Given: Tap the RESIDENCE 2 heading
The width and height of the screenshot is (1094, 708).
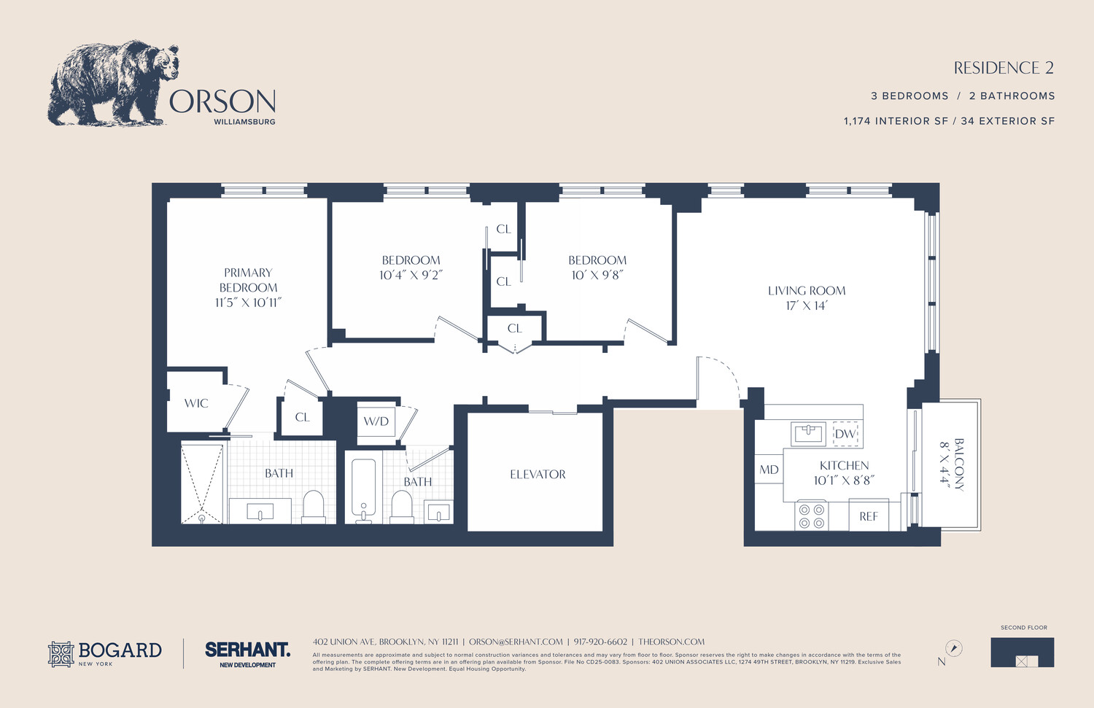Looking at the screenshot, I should click(1004, 68).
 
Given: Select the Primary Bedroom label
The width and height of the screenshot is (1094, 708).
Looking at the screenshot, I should click(248, 280).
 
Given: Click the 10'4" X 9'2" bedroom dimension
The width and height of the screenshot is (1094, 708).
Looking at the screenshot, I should click(411, 275).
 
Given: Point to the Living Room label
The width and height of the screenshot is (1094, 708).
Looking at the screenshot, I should click(807, 290).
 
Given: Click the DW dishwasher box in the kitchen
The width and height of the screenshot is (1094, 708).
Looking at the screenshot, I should click(845, 434).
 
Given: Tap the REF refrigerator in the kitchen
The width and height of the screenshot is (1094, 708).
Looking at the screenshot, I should click(869, 516).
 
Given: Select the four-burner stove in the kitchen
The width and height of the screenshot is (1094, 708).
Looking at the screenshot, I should click(811, 516).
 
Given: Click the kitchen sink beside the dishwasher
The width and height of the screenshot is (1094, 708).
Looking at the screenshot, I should click(809, 433).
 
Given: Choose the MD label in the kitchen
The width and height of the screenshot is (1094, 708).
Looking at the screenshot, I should click(769, 470).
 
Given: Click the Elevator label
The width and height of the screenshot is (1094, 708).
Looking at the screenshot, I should click(538, 475).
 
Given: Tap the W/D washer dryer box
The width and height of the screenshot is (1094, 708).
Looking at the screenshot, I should click(376, 421).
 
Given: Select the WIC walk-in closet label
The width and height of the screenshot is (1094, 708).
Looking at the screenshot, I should click(196, 403).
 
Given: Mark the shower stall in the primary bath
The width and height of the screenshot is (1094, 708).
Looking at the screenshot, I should click(202, 483).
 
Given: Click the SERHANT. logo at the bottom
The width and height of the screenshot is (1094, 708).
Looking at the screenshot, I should click(247, 649).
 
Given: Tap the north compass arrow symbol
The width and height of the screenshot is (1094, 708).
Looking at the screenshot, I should click(953, 648).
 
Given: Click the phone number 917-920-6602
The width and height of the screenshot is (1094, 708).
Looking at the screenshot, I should click(600, 642).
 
